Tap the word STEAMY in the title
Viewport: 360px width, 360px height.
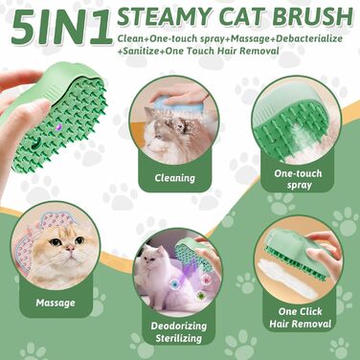(x=166, y=17)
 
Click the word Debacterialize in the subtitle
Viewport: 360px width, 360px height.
(x=309, y=39)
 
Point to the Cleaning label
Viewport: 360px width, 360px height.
(x=175, y=178)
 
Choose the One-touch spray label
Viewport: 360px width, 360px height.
(x=298, y=179)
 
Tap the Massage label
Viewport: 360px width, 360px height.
(x=56, y=303)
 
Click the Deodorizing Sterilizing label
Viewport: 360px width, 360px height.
(x=179, y=332)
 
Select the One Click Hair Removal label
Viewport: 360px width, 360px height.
(x=300, y=318)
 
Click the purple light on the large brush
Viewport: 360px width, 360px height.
(x=58, y=127)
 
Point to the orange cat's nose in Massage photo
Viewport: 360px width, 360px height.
(x=70, y=247)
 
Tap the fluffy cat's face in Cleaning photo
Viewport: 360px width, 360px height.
(x=155, y=127)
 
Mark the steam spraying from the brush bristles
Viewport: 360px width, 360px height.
(x=294, y=141)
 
